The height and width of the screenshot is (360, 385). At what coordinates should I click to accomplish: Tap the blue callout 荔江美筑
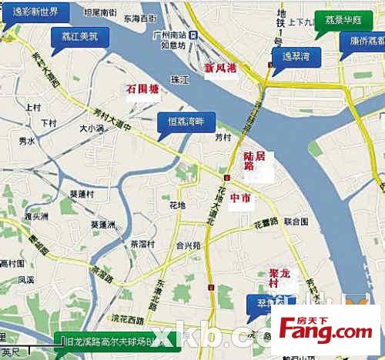[x=80, y=35]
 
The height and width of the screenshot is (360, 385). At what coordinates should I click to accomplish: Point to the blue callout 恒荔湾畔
[x=186, y=122]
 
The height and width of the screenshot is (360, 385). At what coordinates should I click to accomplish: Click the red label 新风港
[x=220, y=68]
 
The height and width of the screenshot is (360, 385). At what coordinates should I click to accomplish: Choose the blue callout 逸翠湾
[x=295, y=55]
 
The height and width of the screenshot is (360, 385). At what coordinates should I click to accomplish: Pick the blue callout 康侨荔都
[x=363, y=41]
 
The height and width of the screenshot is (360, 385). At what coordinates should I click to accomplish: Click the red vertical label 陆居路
[x=249, y=166]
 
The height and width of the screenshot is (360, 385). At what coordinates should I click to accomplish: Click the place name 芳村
[x=223, y=138]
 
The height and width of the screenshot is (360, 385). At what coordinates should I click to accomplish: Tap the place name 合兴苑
[x=188, y=245]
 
